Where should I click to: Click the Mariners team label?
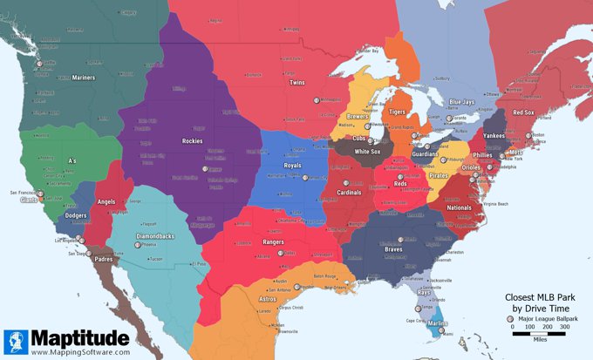point(84,78)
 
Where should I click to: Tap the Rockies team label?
point(194,140)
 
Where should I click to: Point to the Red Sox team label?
point(523,112)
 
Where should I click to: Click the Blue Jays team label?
point(461,103)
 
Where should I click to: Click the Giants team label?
point(29,200)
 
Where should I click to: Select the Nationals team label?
point(459,208)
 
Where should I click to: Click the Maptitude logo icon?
point(16,341)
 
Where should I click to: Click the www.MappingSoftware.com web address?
point(80,352)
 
